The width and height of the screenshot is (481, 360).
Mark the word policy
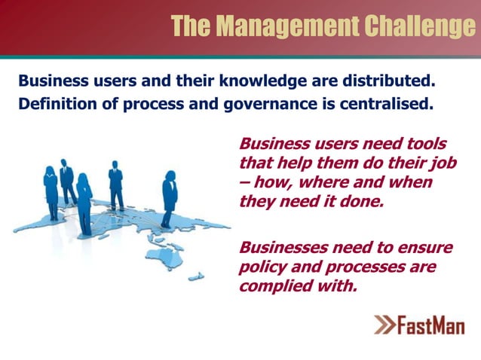260,267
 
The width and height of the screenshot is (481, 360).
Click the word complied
273,287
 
